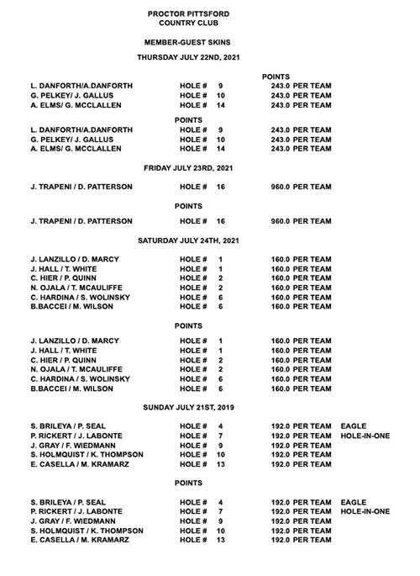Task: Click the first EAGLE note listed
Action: (x=353, y=426)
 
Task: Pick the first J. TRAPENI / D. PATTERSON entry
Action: (x=81, y=187)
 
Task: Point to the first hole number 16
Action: (x=222, y=187)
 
